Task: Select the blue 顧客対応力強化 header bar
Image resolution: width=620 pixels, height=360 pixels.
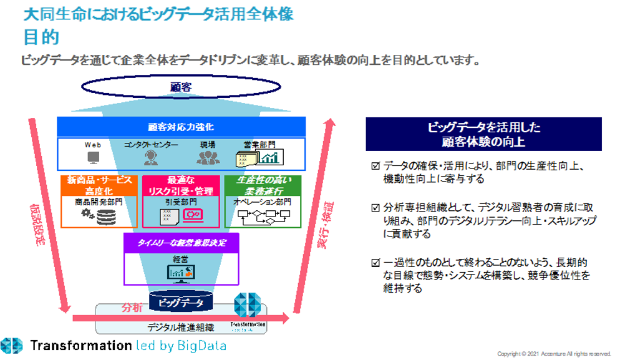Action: point(181,127)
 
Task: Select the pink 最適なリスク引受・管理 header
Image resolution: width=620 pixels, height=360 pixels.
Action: point(181,185)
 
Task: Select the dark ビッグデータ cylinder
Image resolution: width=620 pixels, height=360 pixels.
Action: point(181,302)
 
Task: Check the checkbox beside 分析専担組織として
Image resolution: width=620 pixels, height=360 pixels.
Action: point(374,206)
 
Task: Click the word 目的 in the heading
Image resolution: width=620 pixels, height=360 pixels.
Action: point(41,37)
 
